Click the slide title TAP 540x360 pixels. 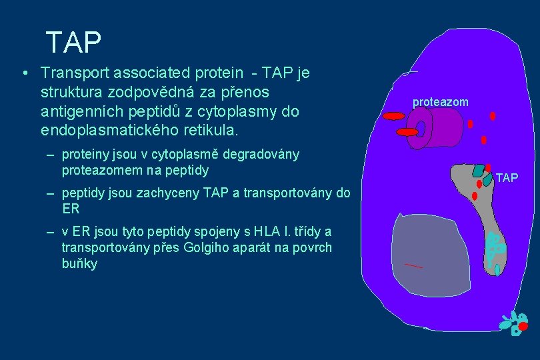click(x=73, y=43)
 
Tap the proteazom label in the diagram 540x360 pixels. click(x=440, y=102)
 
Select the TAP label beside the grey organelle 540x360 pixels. click(x=507, y=178)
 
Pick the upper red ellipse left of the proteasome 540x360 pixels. click(x=394, y=116)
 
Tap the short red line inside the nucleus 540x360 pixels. click(x=413, y=266)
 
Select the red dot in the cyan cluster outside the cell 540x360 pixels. click(x=523, y=327)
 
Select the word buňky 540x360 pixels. click(x=79, y=263)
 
